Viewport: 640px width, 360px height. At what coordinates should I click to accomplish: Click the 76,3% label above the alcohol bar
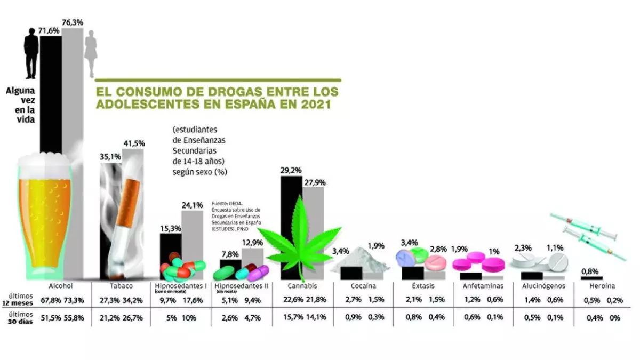point(72,22)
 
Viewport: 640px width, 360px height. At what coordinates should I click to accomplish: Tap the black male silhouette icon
point(31,53)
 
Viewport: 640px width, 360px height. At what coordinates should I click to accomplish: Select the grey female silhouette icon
point(92,53)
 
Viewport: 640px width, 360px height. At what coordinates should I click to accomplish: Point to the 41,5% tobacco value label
point(134,143)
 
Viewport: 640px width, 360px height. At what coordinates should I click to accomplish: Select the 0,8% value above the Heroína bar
point(590,270)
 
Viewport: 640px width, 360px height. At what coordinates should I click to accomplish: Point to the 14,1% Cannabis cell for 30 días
point(317,318)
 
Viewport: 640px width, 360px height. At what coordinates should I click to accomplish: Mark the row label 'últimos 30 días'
point(21,317)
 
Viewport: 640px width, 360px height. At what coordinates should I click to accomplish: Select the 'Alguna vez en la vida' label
point(20,106)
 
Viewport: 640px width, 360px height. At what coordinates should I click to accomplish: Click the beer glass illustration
point(45,213)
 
